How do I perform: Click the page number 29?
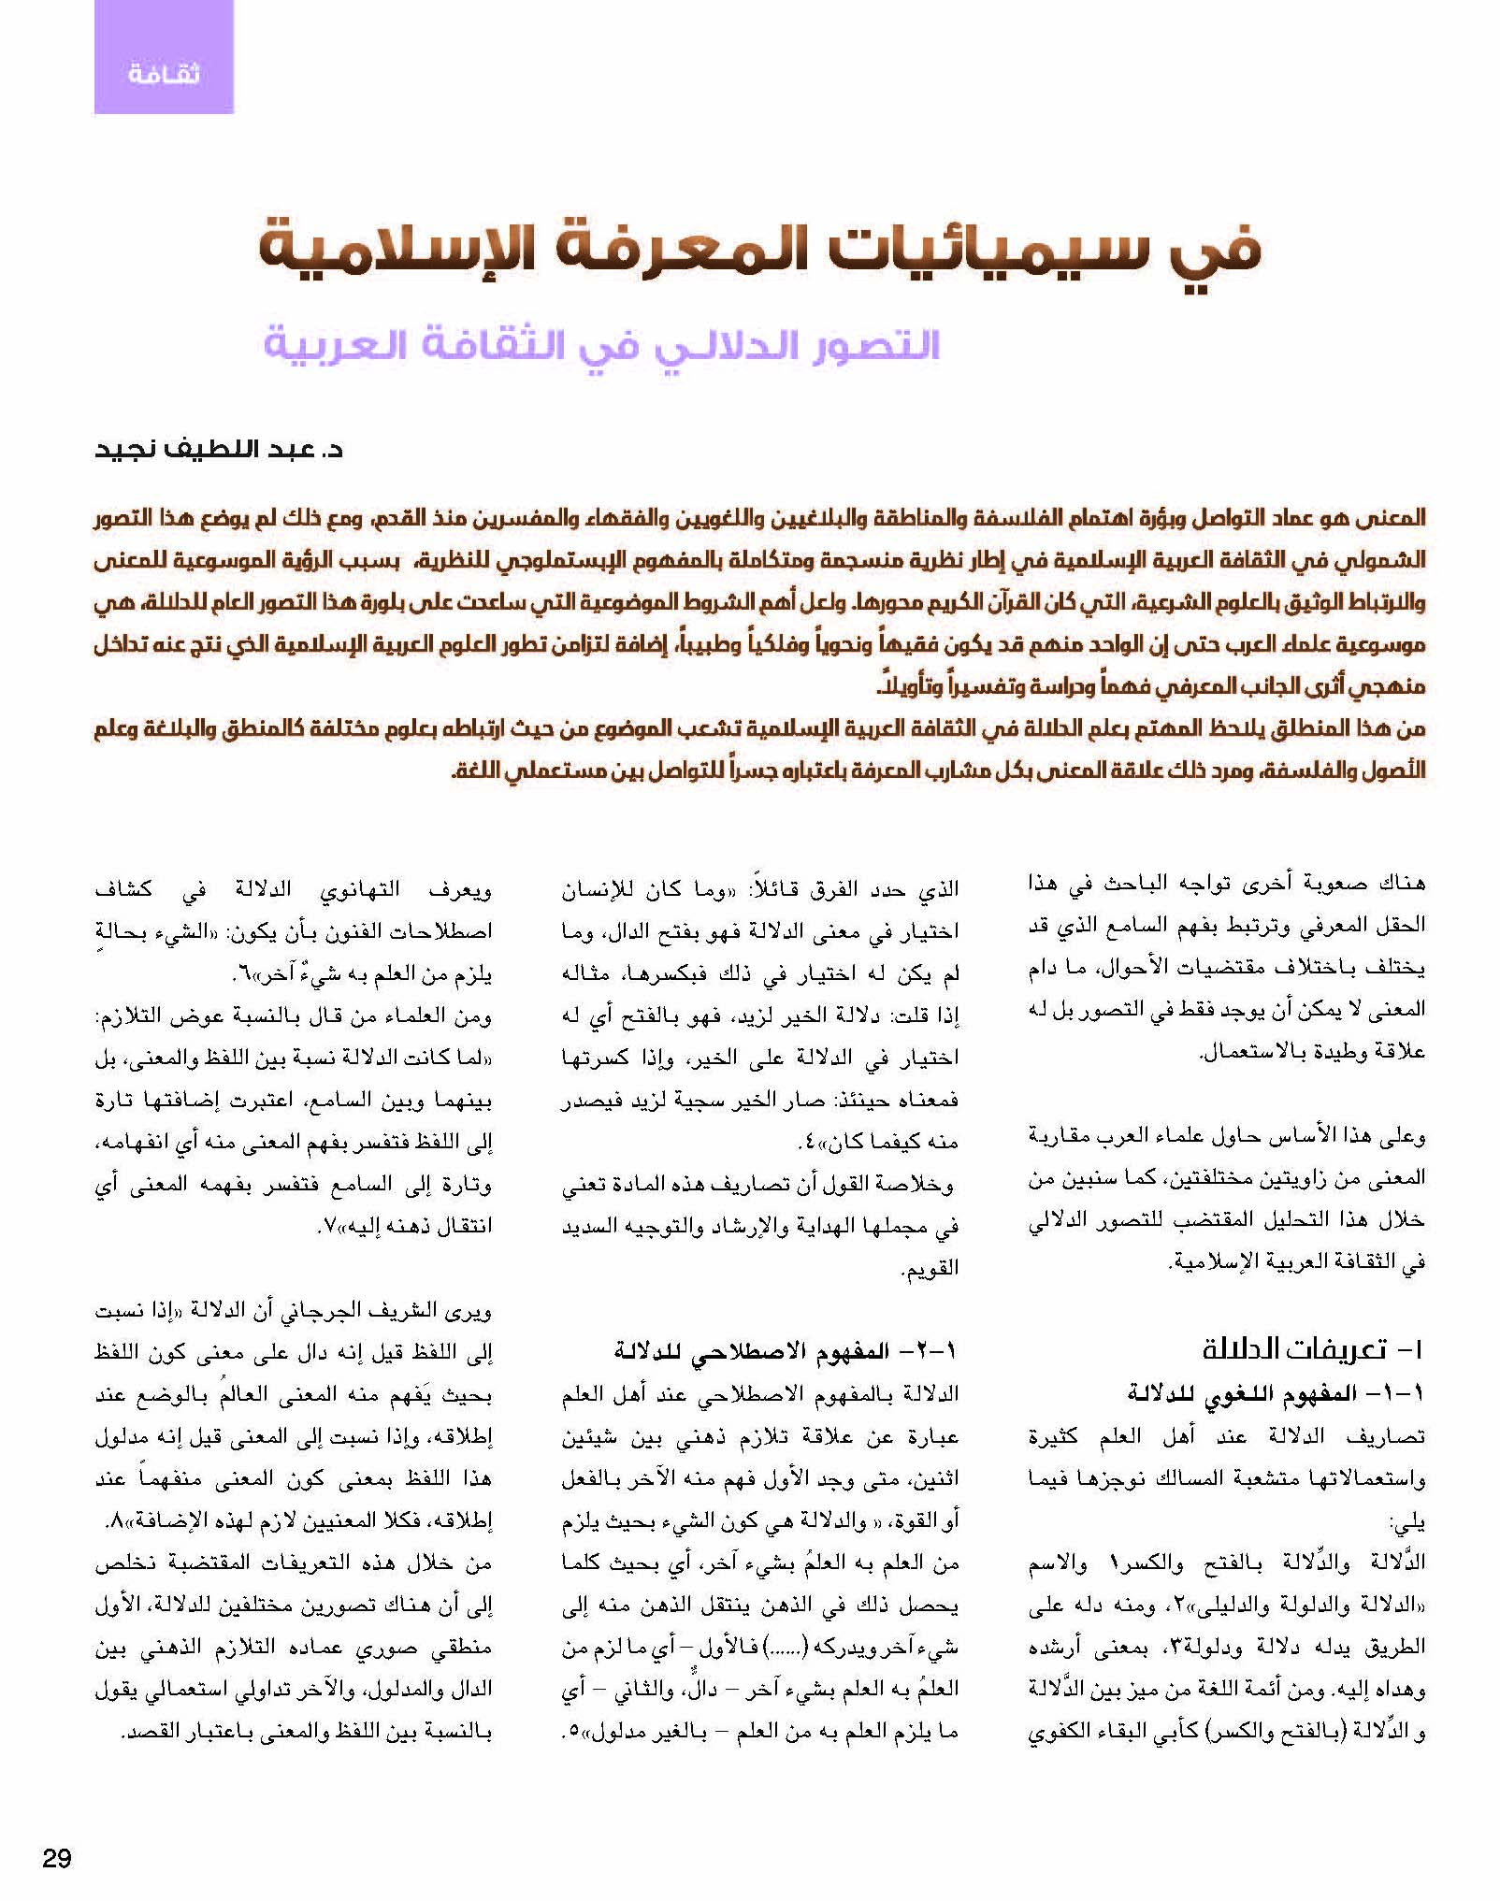(x=57, y=1857)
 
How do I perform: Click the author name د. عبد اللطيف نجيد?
(x=219, y=450)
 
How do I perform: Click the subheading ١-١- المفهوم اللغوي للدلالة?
(x=1276, y=1392)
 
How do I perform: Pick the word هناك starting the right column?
(x=1399, y=881)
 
